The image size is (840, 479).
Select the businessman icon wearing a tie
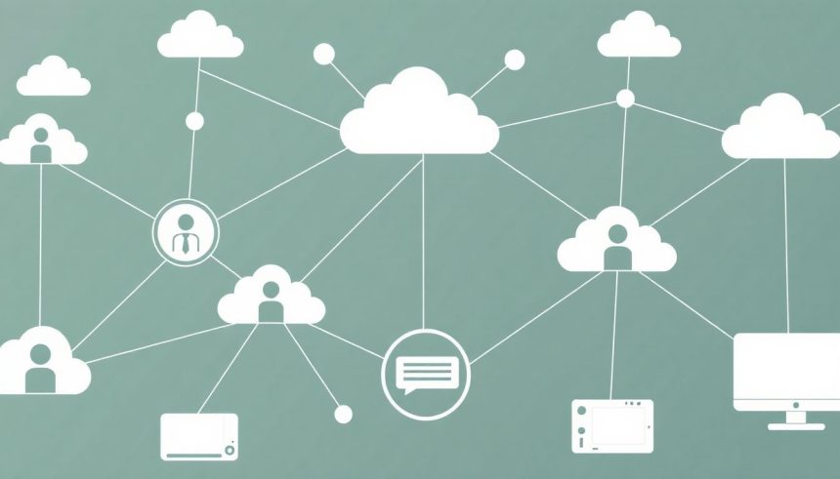[x=186, y=233]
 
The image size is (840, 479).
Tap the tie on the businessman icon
[x=186, y=244]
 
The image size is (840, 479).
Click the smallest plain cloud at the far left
[x=53, y=78]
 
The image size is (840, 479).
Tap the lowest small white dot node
[x=343, y=415]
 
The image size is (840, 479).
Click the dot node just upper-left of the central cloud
[x=324, y=55]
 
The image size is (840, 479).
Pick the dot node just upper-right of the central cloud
[x=514, y=60]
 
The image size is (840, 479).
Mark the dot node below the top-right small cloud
[x=625, y=99]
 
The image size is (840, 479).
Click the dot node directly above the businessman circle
[x=194, y=121]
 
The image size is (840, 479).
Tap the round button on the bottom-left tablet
[x=230, y=450]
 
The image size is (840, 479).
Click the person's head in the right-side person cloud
[x=616, y=235]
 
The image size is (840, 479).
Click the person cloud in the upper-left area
[x=41, y=143]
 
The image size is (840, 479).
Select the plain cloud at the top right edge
[x=639, y=37]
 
